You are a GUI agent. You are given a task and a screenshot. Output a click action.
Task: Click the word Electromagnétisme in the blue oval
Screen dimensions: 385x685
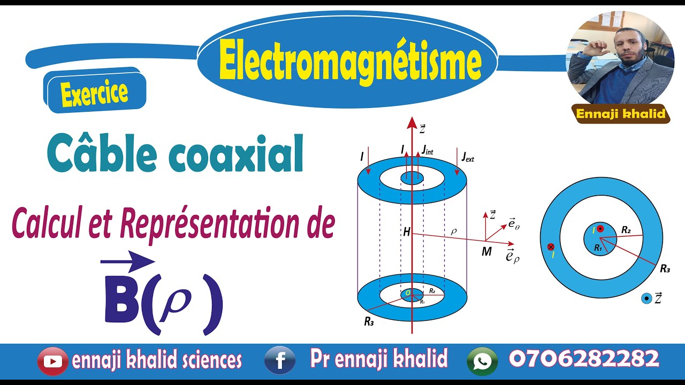point(350,62)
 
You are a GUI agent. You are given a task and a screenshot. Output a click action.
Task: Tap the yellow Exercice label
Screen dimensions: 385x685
point(94,94)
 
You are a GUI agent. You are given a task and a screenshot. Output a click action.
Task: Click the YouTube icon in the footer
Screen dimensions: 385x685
point(52,361)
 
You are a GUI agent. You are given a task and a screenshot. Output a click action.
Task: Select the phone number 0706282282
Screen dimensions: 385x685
point(584,359)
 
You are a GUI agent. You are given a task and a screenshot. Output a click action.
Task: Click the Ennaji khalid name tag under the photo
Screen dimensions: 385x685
point(620,113)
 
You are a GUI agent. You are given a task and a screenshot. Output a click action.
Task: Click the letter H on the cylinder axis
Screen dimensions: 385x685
point(407,233)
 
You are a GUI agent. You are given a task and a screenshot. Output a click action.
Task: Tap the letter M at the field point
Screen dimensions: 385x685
point(486,251)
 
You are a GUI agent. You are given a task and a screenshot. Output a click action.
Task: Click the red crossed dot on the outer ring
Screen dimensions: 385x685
point(551,247)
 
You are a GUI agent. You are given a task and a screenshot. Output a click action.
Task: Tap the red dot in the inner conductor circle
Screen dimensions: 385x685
point(600,229)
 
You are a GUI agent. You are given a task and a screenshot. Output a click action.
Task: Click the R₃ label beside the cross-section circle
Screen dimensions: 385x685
point(665,269)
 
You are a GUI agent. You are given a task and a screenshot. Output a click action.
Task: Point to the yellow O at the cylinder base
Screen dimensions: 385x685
point(407,293)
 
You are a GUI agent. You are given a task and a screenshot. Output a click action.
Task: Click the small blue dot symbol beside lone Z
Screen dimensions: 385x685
point(646,298)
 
